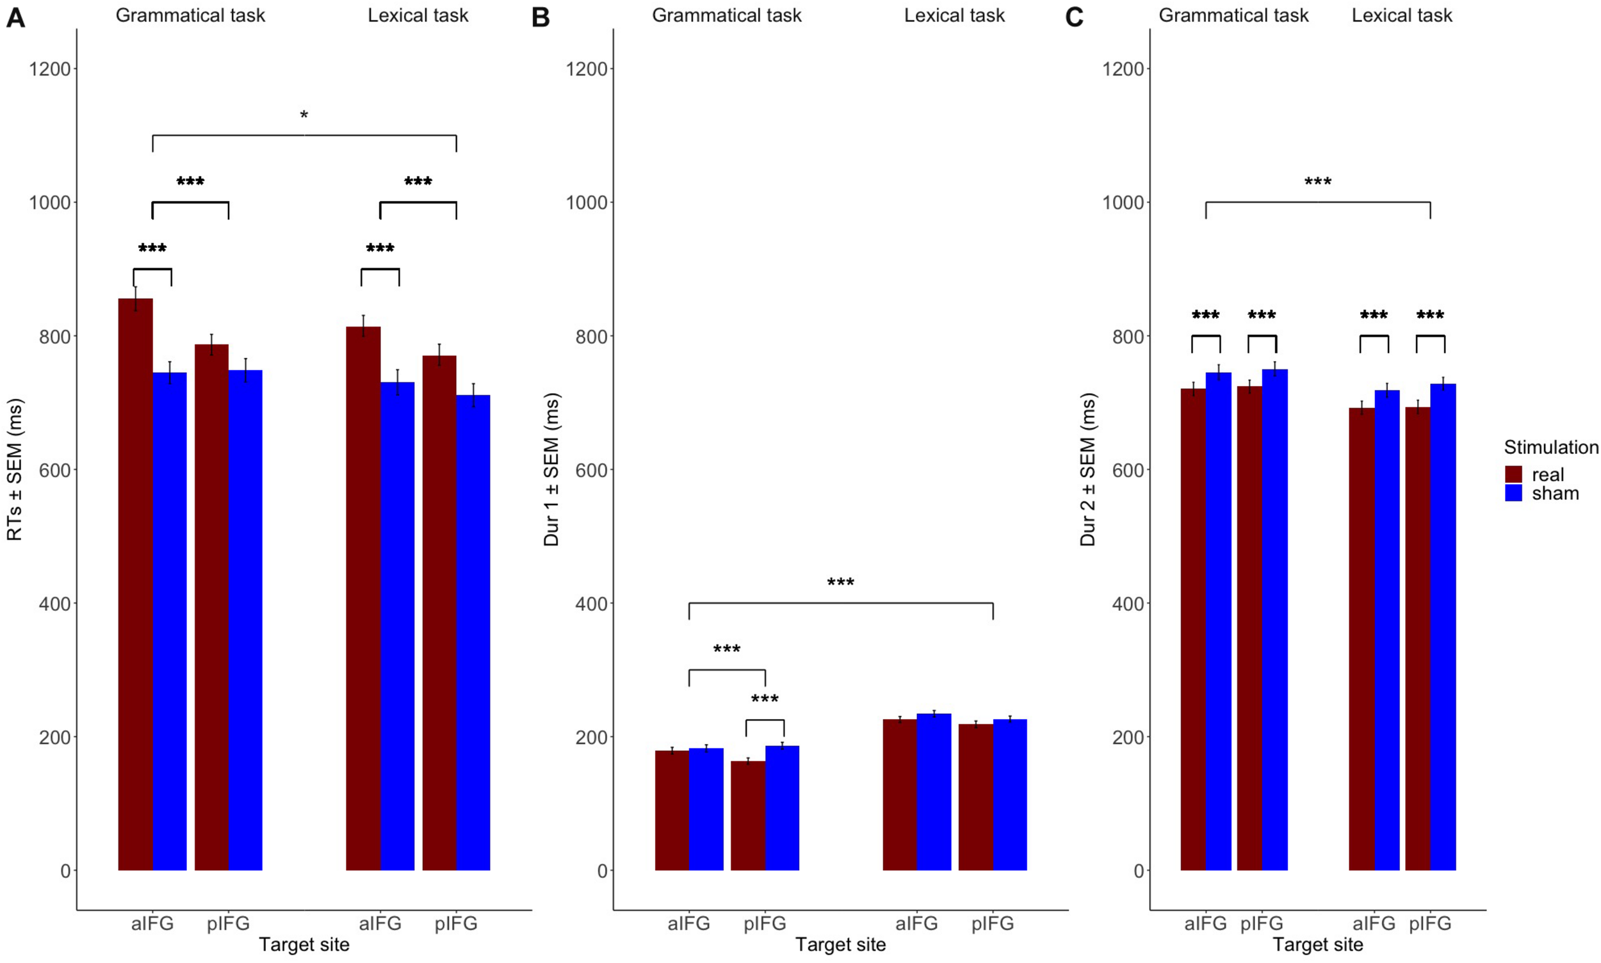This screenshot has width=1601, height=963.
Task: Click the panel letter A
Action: point(15,17)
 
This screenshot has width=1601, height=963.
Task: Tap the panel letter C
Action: point(1074,17)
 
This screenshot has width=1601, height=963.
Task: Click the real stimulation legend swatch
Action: point(1513,474)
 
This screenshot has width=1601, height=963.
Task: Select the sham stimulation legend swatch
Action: point(1513,493)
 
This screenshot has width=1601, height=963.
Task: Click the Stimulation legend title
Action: point(1551,447)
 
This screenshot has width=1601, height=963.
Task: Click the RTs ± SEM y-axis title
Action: point(14,469)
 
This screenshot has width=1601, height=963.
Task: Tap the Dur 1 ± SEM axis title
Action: point(551,469)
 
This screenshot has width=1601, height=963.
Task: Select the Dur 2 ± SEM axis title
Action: point(1087,469)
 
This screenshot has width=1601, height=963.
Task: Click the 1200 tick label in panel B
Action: point(586,69)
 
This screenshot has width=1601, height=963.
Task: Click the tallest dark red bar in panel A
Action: point(136,584)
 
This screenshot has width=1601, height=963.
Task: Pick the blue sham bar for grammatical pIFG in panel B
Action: point(782,808)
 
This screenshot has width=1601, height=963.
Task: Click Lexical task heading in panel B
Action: point(954,15)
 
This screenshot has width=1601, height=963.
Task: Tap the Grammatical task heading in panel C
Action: point(1233,15)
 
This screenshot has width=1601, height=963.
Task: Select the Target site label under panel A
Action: point(304,945)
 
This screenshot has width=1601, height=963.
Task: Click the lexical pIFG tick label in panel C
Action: point(1429,923)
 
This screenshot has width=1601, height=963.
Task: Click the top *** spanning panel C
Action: point(1317,182)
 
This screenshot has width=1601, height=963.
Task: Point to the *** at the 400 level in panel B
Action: point(840,583)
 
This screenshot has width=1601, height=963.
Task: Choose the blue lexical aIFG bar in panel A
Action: point(397,626)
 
